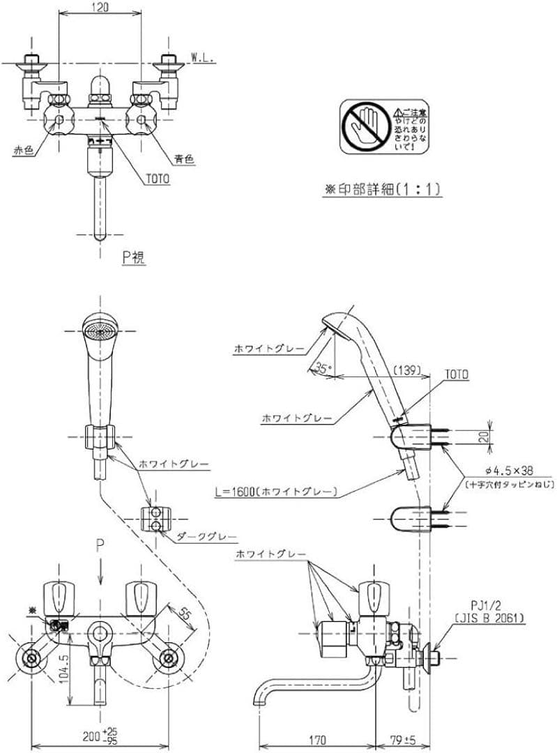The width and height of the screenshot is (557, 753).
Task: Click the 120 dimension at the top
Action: coord(102,8)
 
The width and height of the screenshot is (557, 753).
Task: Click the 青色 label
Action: coord(184,158)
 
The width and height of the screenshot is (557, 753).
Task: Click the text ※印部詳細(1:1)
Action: coord(383,188)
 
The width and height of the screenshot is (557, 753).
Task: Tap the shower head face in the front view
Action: coord(98,327)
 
